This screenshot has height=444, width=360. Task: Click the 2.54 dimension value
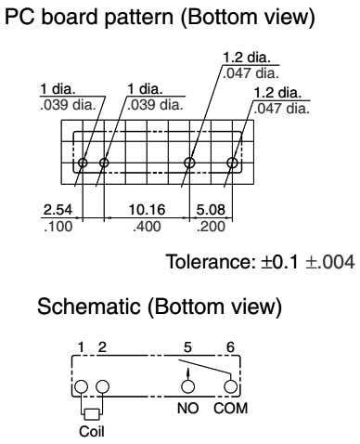[x=58, y=210]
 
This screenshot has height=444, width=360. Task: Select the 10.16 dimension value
[x=147, y=210]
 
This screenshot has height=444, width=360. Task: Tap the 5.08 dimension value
[x=211, y=210]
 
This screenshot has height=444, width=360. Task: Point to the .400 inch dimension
[x=147, y=227]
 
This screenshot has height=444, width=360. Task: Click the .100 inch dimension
[x=58, y=227]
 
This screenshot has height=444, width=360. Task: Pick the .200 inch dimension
[x=211, y=227]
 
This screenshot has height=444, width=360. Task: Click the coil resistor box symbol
[x=92, y=414]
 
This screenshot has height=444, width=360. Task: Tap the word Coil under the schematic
[x=92, y=431]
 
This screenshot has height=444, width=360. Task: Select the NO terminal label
[x=187, y=408]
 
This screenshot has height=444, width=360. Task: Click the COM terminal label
[x=231, y=408]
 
